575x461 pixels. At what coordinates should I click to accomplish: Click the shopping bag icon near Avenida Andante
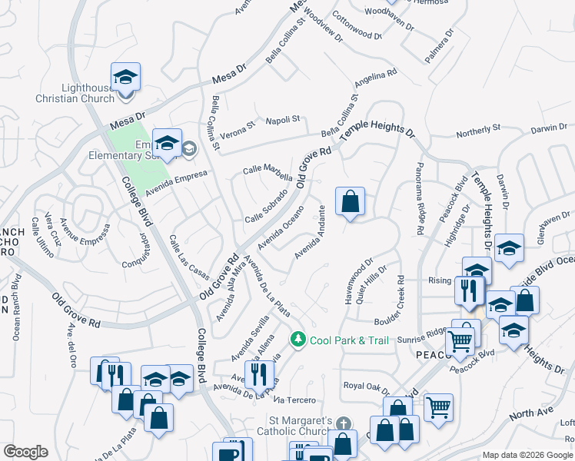tap(350, 203)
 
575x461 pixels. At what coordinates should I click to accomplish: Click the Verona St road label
tap(240, 126)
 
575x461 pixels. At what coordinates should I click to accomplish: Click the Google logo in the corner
tap(25, 452)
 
